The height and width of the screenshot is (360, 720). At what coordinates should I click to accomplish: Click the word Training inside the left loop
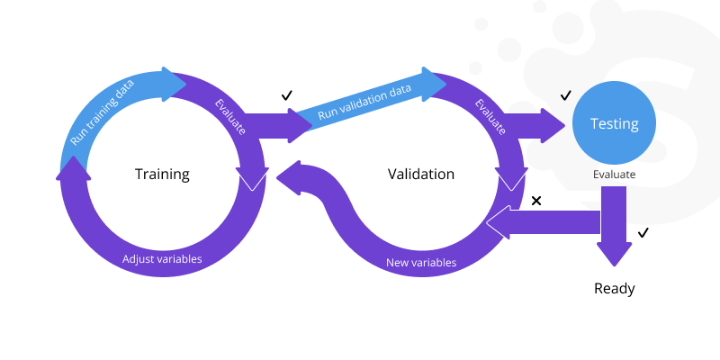click(162, 174)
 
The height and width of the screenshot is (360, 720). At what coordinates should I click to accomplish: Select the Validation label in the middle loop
click(421, 174)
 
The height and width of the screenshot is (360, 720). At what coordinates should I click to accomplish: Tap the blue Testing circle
click(614, 124)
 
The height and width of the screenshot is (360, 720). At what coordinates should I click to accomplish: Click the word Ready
click(614, 289)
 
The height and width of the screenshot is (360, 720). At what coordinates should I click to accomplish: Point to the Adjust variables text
click(162, 259)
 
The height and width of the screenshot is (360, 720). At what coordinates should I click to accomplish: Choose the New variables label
click(421, 263)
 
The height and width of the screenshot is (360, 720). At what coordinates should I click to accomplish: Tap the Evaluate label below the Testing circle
click(614, 175)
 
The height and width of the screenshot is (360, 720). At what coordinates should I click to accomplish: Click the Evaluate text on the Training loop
click(230, 117)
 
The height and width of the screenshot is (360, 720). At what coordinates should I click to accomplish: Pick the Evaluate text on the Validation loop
click(490, 117)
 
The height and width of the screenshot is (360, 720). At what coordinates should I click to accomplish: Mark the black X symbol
click(536, 200)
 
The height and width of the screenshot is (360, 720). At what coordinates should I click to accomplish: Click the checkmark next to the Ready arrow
click(643, 234)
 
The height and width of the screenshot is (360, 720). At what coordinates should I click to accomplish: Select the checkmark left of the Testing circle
click(566, 94)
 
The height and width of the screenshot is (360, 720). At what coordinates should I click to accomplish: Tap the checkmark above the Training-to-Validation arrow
click(287, 94)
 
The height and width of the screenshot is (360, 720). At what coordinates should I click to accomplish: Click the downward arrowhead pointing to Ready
click(614, 253)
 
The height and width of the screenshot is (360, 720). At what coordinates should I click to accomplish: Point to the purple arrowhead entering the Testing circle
click(551, 125)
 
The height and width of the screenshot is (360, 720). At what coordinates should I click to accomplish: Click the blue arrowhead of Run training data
click(173, 83)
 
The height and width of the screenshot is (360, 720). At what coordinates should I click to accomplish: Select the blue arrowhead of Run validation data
click(436, 83)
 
